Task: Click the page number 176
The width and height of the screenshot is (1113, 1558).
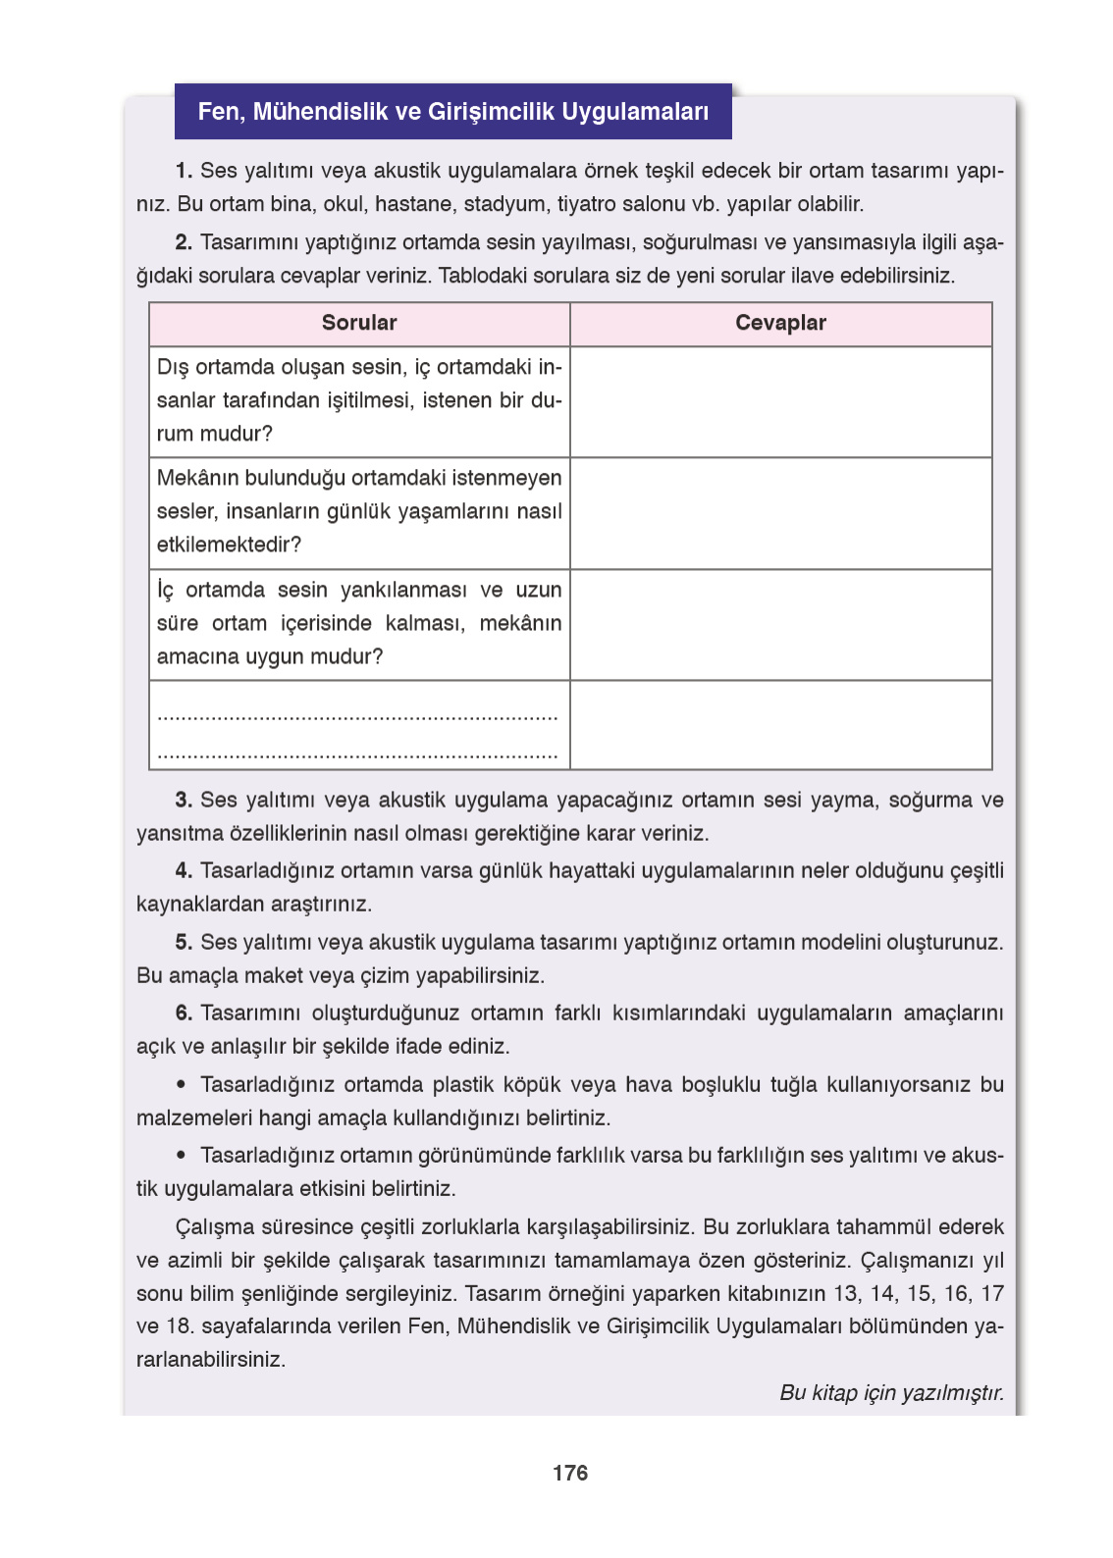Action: [569, 1473]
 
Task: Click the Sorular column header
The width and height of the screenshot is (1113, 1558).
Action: [359, 323]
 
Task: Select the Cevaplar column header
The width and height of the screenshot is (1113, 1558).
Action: [780, 323]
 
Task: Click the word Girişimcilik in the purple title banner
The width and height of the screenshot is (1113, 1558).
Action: [491, 112]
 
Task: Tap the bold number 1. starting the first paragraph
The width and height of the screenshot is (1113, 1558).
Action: [184, 171]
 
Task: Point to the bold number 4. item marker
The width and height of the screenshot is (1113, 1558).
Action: [184, 870]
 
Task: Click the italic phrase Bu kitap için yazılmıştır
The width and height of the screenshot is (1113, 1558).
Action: [891, 1392]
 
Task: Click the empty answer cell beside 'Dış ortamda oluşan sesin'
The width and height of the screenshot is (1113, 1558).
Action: [780, 401]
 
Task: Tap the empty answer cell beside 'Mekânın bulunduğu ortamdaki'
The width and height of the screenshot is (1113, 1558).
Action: [780, 512]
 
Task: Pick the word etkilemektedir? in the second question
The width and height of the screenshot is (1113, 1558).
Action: [229, 545]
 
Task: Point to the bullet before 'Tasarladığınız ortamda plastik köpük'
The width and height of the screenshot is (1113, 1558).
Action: [181, 1084]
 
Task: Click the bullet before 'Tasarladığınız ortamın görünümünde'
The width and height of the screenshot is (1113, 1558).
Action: [181, 1155]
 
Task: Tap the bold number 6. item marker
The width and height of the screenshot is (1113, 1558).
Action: [184, 1013]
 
